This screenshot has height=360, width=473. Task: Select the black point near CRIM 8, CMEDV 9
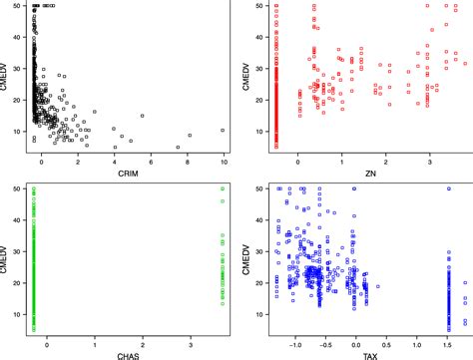pyautogui.click(x=190, y=136)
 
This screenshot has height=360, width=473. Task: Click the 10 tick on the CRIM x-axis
pyautogui.click(x=224, y=160)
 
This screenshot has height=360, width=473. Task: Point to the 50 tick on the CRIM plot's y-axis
pyautogui.click(x=22, y=7)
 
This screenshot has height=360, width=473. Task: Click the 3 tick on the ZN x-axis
pyautogui.click(x=429, y=160)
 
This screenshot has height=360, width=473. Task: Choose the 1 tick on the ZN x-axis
pyautogui.click(x=341, y=160)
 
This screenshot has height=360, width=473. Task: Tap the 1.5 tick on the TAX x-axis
pyautogui.click(x=448, y=339)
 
